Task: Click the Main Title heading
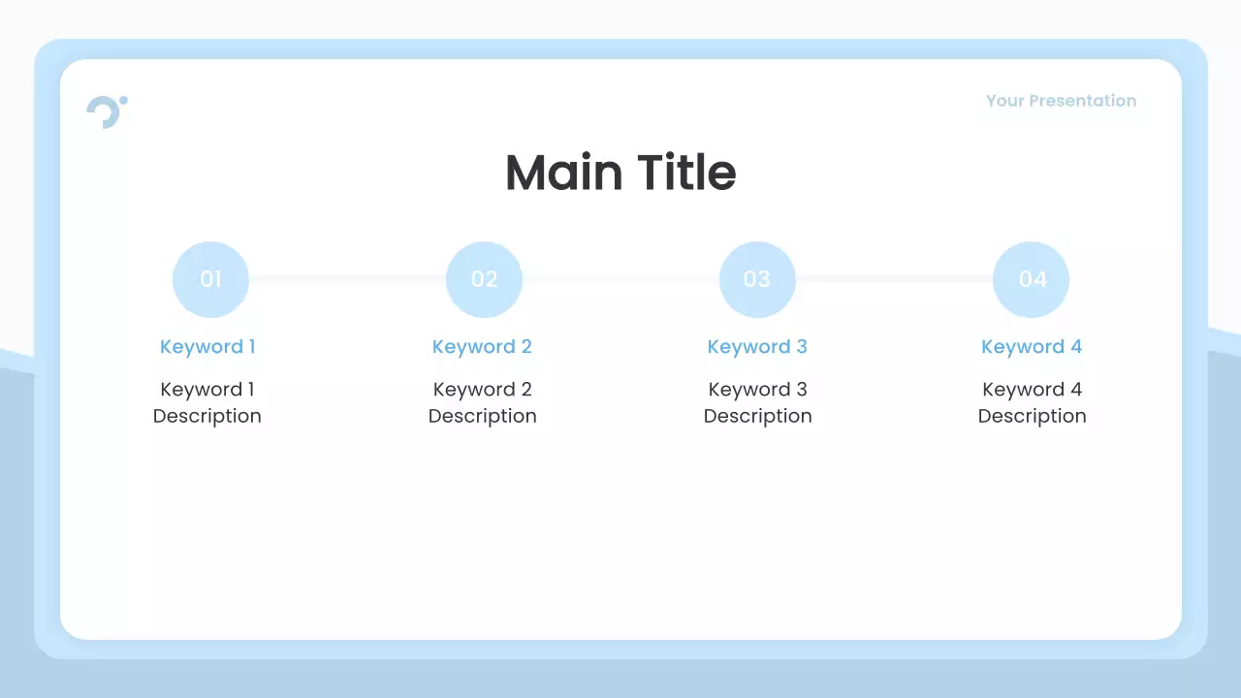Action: point(620,173)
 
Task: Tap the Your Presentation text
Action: point(1061,101)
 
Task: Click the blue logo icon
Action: point(106,111)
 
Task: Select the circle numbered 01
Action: point(210,279)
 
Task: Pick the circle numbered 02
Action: point(484,279)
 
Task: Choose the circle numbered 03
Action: point(757,279)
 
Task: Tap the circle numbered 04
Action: point(1031,279)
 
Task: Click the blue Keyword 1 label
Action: point(207,347)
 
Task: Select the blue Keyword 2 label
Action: point(482,347)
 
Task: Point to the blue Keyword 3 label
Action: point(757,347)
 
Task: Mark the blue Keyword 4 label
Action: point(1032,347)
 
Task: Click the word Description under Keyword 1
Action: point(207,416)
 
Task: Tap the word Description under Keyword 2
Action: point(482,416)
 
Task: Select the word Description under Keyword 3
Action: point(757,416)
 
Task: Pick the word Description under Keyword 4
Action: point(1032,416)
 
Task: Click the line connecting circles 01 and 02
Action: point(347,279)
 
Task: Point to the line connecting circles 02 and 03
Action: point(620,279)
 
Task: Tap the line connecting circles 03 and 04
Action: point(894,279)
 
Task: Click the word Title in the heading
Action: point(686,173)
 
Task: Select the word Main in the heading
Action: point(563,173)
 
